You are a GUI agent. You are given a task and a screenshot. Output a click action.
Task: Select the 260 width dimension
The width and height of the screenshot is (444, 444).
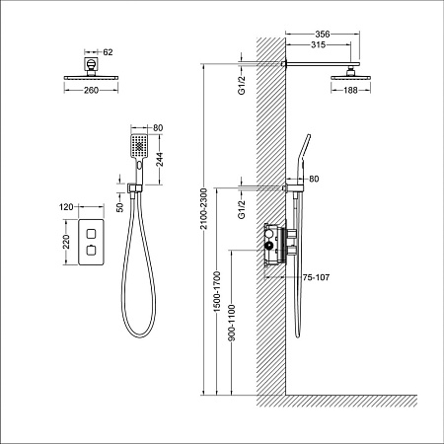tap(92, 91)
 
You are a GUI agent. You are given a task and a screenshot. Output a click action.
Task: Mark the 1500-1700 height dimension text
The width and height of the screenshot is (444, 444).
tap(217, 293)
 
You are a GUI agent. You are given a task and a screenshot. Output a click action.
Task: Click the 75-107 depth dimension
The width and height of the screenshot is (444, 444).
tap(317, 278)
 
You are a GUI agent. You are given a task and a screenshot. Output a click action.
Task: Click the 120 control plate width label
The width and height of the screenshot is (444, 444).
tap(66, 207)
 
